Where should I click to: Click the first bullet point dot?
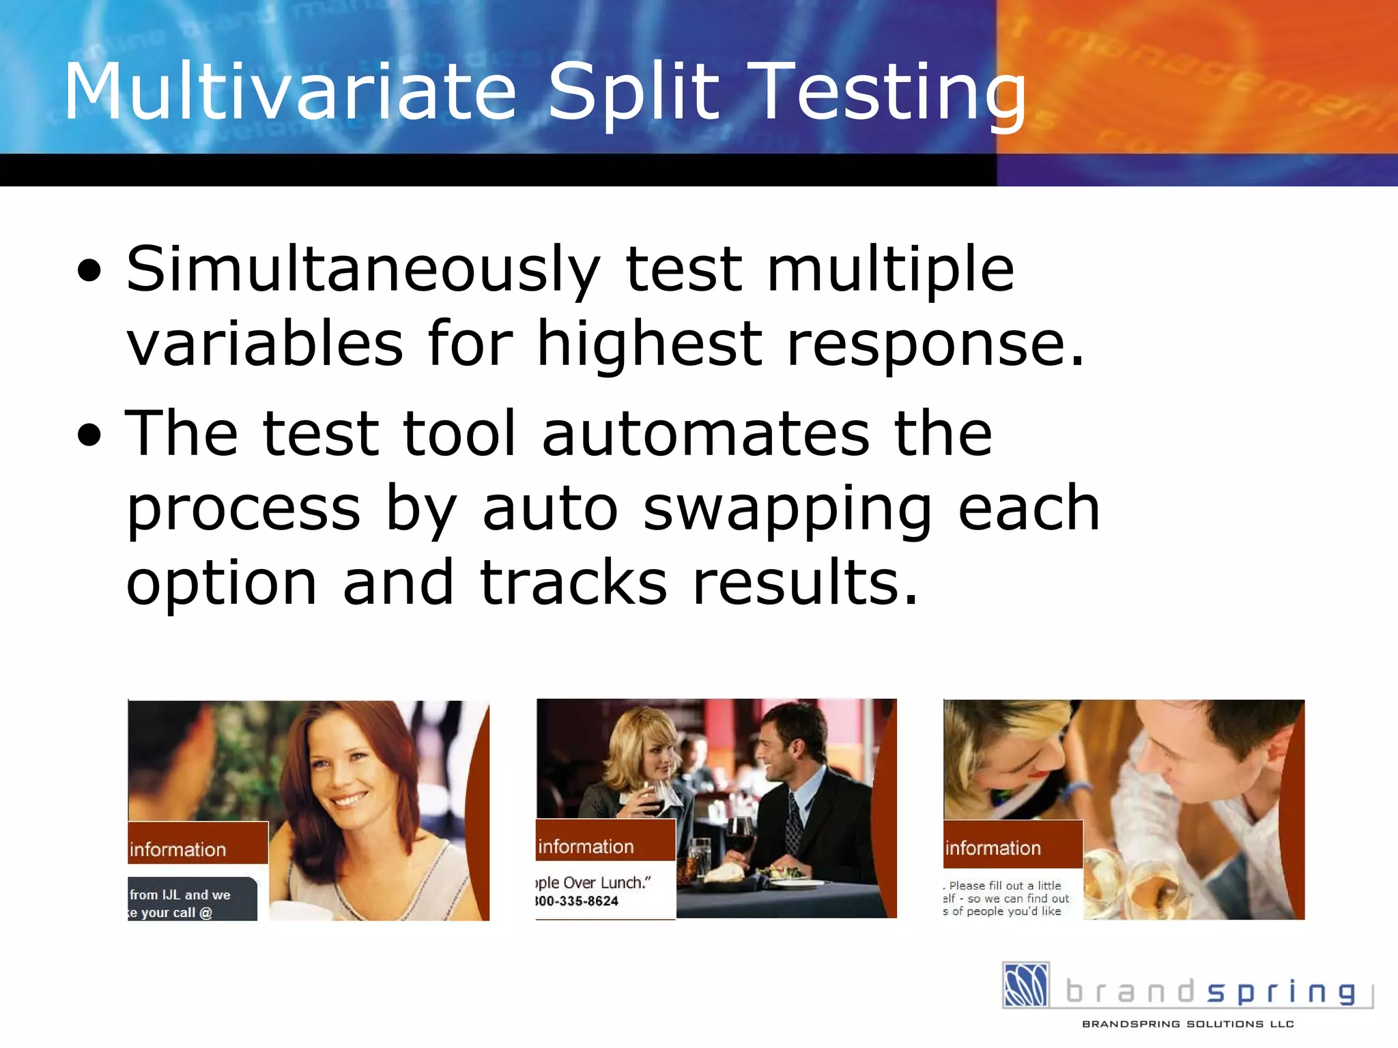click(x=89, y=270)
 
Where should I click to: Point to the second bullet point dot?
click(x=89, y=435)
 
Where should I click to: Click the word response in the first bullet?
click(x=935, y=345)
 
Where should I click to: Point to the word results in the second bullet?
click(x=805, y=583)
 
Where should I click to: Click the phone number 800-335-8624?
click(x=577, y=901)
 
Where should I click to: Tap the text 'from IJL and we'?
click(x=180, y=894)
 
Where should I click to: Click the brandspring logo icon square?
click(x=1025, y=985)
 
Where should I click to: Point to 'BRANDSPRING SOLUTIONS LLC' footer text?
click(x=1188, y=1024)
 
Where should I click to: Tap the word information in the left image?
click(x=178, y=849)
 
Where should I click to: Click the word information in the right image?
click(x=993, y=848)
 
